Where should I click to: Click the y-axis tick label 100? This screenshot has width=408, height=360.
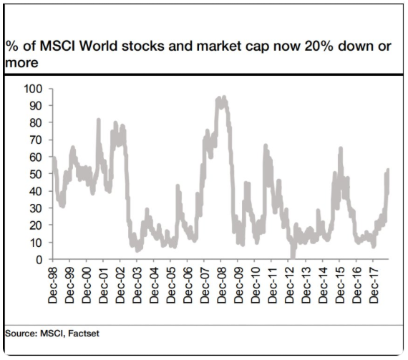tap(33, 89)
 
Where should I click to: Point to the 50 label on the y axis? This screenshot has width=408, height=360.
tap(36, 175)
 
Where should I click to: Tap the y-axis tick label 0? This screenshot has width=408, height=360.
tap(39, 260)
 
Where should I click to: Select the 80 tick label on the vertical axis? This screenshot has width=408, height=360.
tap(36, 123)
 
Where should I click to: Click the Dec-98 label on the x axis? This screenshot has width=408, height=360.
tap(53, 286)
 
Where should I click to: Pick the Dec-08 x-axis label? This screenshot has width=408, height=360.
tap(222, 286)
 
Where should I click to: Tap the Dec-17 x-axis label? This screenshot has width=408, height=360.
tap(374, 286)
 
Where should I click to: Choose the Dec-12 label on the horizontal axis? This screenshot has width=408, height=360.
tap(289, 286)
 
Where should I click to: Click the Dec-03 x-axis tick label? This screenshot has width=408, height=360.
tap(137, 286)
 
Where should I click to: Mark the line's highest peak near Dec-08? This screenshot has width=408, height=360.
tap(224, 97)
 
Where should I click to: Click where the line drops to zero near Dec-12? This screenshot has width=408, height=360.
tap(293, 258)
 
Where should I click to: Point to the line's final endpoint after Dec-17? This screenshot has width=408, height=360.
tap(388, 170)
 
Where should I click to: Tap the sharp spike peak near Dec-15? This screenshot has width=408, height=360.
tap(341, 149)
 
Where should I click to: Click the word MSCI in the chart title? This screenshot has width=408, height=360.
tap(57, 47)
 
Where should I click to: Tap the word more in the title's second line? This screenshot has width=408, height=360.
tap(21, 63)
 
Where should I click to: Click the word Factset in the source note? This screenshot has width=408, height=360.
tap(84, 334)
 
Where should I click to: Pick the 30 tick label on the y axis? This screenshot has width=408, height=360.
tap(36, 208)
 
